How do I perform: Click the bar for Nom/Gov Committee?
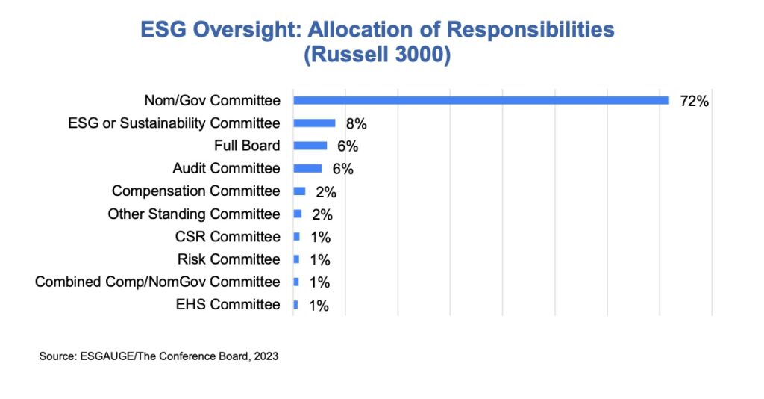pyautogui.click(x=480, y=100)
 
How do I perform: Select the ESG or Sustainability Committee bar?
pyautogui.click(x=314, y=123)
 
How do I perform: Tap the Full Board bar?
pyautogui.click(x=310, y=146)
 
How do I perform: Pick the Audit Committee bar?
pyautogui.click(x=307, y=168)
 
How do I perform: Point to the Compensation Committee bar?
pyautogui.click(x=299, y=191)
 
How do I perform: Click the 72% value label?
pyautogui.click(x=694, y=101)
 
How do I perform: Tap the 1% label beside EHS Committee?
pyautogui.click(x=319, y=306)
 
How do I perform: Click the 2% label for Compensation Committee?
pyautogui.click(x=326, y=192)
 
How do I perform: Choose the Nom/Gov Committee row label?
pyautogui.click(x=212, y=100)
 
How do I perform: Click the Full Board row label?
pyautogui.click(x=247, y=146)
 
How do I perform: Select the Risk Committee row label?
pyautogui.click(x=229, y=259)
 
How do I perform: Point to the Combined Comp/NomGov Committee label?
pyautogui.click(x=157, y=282)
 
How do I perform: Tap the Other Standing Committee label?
pyautogui.click(x=194, y=214)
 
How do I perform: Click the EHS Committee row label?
pyautogui.click(x=228, y=304)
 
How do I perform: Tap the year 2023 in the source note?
pyautogui.click(x=266, y=357)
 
